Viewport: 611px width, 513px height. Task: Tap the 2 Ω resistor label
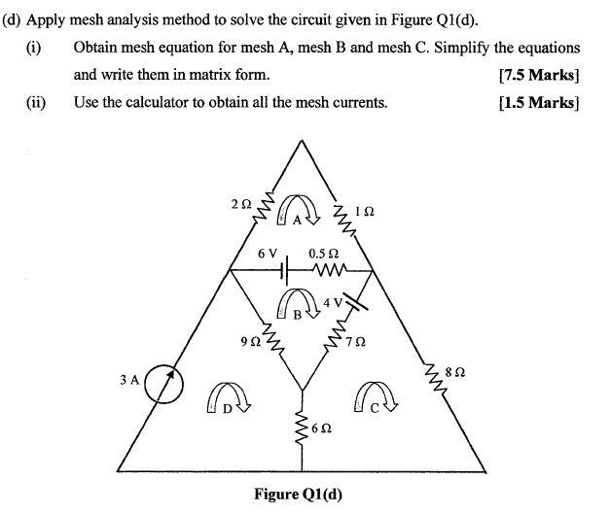tap(241, 205)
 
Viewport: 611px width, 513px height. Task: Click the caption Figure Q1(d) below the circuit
tap(298, 494)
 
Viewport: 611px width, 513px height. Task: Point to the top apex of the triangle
tap(304, 142)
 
